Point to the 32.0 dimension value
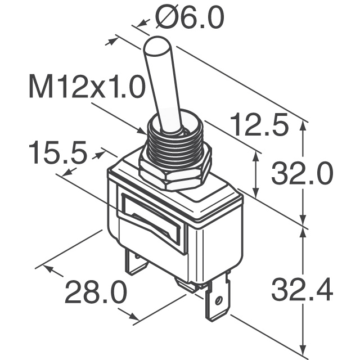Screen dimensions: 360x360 [302, 174]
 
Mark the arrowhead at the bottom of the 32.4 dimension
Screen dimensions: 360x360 [304, 346]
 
